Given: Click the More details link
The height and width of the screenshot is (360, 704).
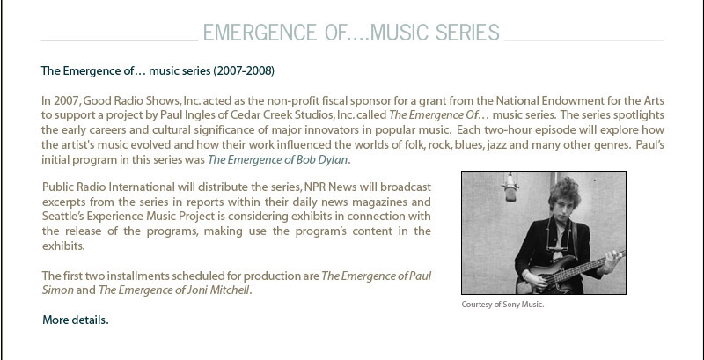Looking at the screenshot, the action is pos(76,320).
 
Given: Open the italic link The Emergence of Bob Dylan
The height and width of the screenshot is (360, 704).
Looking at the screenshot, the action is pos(277,160).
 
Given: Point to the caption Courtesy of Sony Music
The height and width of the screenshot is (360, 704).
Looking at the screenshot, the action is pos(502,305).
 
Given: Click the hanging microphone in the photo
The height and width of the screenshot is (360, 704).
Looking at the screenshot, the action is pos(510,187).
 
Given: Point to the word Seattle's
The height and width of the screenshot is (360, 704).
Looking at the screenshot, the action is pos(63,217).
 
